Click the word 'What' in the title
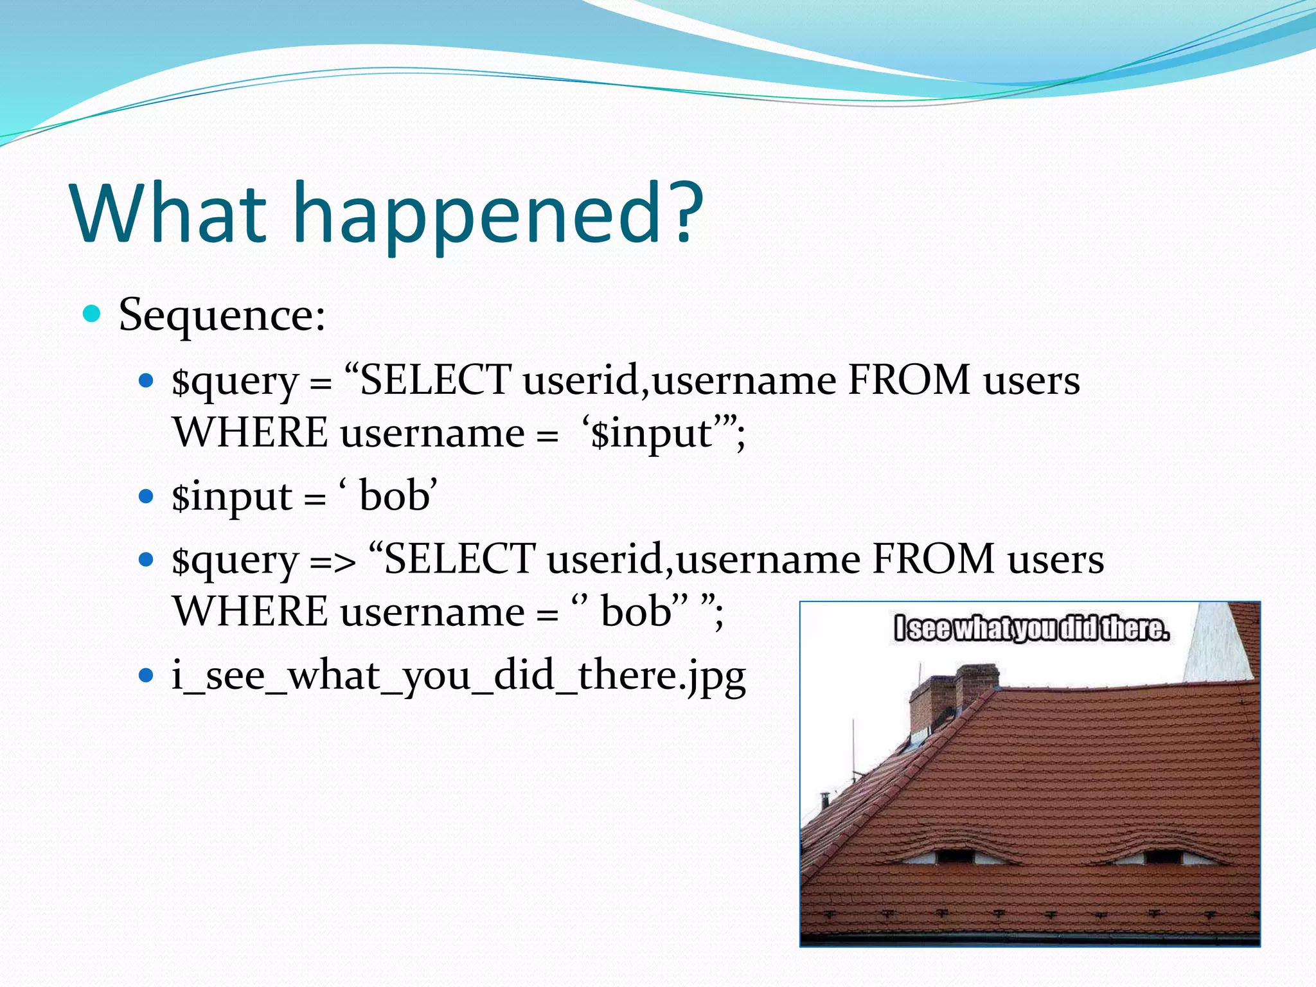(x=168, y=214)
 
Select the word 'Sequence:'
(x=222, y=316)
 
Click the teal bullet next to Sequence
(x=93, y=314)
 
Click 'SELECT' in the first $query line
(x=436, y=380)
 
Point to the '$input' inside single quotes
(x=650, y=433)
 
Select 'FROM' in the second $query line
(x=933, y=558)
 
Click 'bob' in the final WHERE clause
(x=636, y=611)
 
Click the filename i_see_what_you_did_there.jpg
(x=458, y=676)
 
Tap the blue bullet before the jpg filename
(x=147, y=675)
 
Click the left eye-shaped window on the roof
(x=954, y=856)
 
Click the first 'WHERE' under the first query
(x=250, y=432)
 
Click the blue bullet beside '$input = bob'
(x=147, y=496)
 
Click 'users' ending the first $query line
(x=1031, y=380)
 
